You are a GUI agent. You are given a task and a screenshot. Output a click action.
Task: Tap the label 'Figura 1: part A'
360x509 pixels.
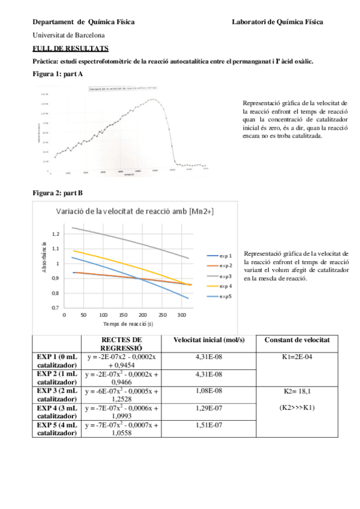58,73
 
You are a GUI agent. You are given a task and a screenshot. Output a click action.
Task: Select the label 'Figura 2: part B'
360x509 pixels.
58,193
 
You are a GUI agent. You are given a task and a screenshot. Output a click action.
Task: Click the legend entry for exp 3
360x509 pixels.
226,276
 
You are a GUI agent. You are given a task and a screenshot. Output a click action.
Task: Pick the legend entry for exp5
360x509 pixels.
226,297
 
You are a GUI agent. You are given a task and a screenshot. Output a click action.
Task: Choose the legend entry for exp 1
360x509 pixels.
226,256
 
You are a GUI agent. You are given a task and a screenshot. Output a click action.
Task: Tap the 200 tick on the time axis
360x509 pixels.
142,315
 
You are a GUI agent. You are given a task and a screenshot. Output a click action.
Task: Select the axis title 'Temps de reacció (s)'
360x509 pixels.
127,324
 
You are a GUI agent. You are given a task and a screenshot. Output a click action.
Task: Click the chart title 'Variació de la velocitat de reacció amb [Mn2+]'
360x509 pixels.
134,211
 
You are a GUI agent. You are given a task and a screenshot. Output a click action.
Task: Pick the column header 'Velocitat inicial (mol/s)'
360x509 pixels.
208,340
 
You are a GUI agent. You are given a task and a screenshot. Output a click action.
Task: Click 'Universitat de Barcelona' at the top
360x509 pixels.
68,35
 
